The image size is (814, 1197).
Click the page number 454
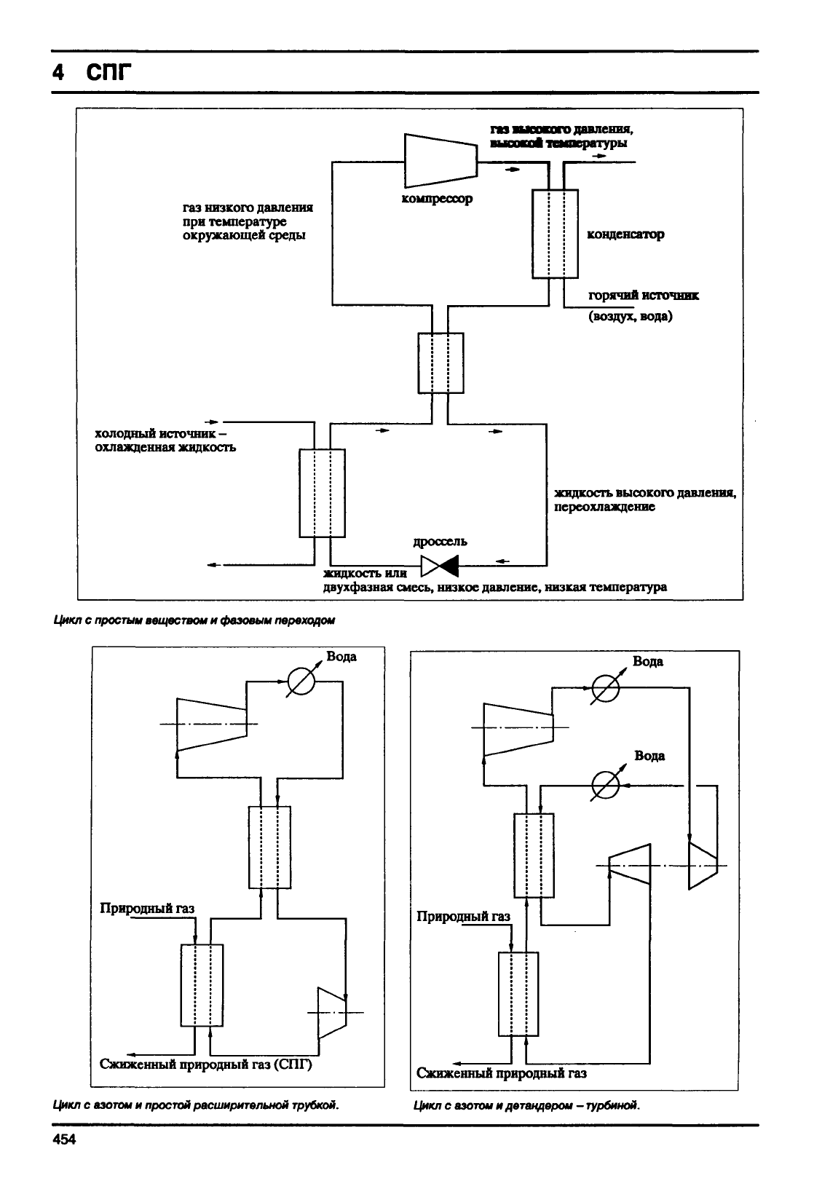coord(64,1139)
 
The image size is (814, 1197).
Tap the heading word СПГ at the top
coord(109,71)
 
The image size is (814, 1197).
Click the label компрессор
coord(437,199)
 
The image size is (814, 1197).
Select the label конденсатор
coord(626,234)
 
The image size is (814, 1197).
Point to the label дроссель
coord(440,541)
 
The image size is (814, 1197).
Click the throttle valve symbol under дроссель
coord(440,566)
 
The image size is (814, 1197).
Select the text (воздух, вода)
coord(631,316)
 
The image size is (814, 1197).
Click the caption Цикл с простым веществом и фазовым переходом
coord(194,620)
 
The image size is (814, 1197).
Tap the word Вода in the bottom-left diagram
coord(341,656)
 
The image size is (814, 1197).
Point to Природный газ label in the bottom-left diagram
coord(147,908)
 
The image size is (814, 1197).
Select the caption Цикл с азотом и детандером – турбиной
coord(526,1105)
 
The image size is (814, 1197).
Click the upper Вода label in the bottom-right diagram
coord(648,662)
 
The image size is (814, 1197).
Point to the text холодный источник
coord(155,433)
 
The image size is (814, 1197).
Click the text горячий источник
coord(644,296)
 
